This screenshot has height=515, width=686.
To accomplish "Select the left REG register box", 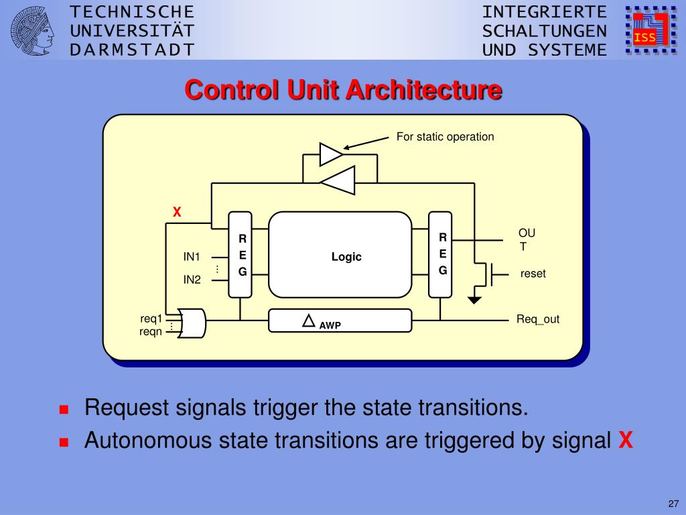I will tap(241, 255).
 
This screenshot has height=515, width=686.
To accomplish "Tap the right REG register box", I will tap(440, 255).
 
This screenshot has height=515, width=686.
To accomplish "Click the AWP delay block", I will tap(340, 321).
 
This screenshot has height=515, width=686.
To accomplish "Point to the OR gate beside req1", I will tap(192, 323).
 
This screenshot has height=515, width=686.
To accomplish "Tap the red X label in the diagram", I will tap(177, 213).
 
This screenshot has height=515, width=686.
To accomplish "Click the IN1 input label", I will tap(192, 256).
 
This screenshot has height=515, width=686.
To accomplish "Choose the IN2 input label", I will tap(192, 280).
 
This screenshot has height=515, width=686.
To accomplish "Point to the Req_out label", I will tap(537, 319).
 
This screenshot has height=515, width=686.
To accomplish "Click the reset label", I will tap(533, 274).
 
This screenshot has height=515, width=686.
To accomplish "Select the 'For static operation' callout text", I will tap(445, 137).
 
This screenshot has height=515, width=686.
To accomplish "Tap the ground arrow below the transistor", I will tap(474, 299).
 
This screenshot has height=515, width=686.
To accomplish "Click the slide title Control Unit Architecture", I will tap(343, 89).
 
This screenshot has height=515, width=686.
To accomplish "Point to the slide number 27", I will tap(673, 504).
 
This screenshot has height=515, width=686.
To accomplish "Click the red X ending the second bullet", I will tap(625, 441).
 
